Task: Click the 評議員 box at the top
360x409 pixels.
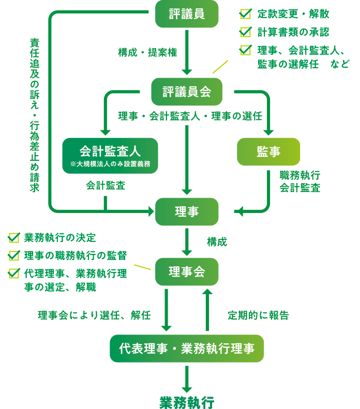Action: tap(187, 14)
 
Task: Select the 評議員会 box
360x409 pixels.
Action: tap(187, 92)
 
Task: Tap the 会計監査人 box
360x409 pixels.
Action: tap(110, 155)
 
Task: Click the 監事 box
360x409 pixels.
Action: tap(268, 152)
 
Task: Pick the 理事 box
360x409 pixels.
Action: tap(187, 211)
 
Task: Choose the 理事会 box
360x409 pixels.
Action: tap(187, 271)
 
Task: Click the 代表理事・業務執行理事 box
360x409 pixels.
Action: tap(187, 349)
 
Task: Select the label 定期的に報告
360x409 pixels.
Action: tap(258, 315)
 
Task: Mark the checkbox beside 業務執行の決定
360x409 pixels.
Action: tap(13, 238)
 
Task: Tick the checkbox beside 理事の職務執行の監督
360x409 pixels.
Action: tap(13, 255)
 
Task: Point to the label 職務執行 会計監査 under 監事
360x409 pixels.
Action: tap(299, 181)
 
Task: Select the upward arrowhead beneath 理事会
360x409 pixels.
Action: tap(207, 293)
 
